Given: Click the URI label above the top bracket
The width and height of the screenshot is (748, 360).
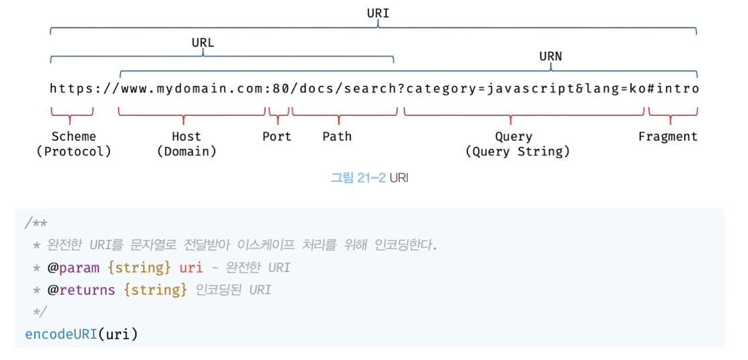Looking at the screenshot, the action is [378, 13].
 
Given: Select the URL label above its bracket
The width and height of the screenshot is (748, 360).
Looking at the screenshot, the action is [203, 42].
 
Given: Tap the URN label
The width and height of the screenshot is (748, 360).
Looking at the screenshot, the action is [551, 56].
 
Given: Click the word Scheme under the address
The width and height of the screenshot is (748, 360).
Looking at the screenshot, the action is [74, 136].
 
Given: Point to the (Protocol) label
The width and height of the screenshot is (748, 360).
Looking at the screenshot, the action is [74, 151].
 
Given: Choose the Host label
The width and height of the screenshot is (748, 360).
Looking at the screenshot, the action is [186, 136].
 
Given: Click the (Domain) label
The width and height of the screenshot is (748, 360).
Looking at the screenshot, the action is [187, 151].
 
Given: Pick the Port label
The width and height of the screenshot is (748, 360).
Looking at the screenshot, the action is [277, 136].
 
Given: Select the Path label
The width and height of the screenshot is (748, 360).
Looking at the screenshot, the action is [337, 136].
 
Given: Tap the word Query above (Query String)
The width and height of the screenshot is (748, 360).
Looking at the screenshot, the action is [514, 136].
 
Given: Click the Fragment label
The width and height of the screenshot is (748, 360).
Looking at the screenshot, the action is [667, 136].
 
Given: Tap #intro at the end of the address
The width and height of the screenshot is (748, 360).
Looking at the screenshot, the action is [673, 89].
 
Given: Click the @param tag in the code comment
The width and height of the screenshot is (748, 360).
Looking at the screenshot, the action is [73, 267].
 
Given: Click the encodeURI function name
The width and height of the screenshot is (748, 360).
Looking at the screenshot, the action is [61, 334].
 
